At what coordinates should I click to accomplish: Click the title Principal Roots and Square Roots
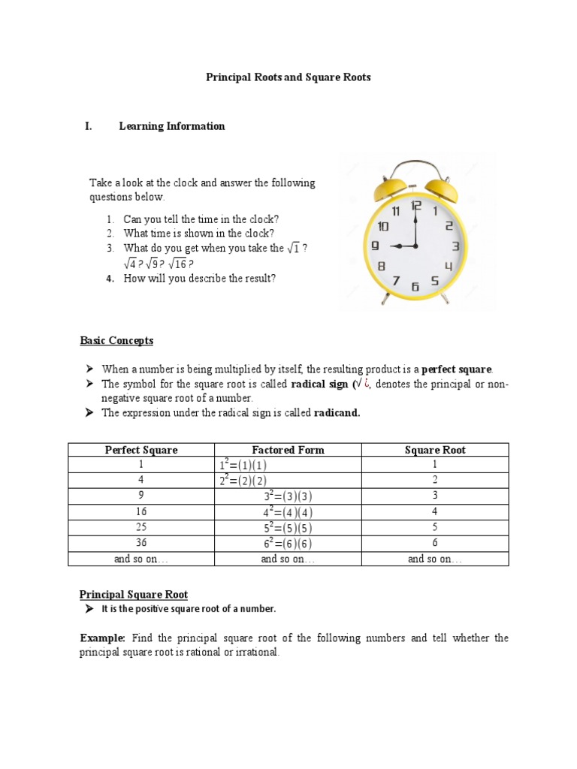(x=288, y=77)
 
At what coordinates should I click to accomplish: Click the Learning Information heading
(x=171, y=126)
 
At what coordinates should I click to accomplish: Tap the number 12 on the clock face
(x=415, y=205)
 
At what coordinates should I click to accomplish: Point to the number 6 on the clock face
(x=415, y=286)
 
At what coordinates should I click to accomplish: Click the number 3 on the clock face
(x=455, y=246)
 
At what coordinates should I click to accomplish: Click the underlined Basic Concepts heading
(x=116, y=340)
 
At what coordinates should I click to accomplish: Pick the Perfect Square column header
(x=141, y=450)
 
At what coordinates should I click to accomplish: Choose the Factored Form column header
(x=288, y=450)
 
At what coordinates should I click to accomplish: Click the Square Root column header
(x=435, y=450)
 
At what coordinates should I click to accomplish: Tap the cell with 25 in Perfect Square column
(x=141, y=527)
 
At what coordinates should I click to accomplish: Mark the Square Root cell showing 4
(x=435, y=511)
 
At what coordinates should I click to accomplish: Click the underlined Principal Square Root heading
(x=134, y=594)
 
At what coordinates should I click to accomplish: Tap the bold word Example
(x=102, y=638)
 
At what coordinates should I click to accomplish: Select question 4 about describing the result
(x=199, y=279)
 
